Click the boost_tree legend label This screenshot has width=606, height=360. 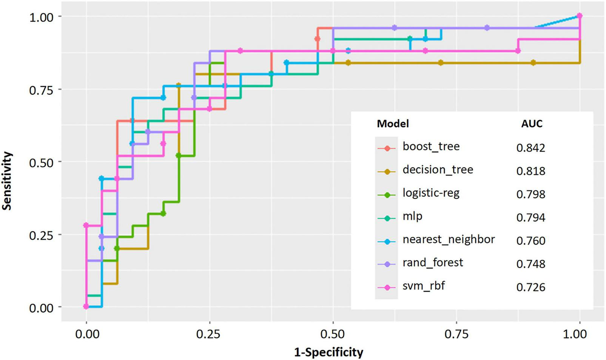pyautogui.click(x=431, y=147)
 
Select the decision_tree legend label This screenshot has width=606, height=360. pyautogui.click(x=438, y=170)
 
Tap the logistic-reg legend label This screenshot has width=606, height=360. pyautogui.click(x=431, y=193)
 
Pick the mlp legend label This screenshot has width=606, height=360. pyautogui.click(x=412, y=216)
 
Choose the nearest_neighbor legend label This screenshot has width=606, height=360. pyautogui.click(x=449, y=239)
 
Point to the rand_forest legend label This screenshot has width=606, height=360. pyautogui.click(x=433, y=263)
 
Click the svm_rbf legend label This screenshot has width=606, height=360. pyautogui.click(x=424, y=286)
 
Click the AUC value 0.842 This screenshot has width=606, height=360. pyautogui.click(x=530, y=148)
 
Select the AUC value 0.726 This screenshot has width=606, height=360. pyautogui.click(x=530, y=287)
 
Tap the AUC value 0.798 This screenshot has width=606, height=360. pyautogui.click(x=530, y=194)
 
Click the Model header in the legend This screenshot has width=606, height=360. pyautogui.click(x=393, y=124)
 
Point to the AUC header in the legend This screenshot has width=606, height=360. pyautogui.click(x=532, y=124)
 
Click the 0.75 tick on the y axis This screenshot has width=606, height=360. pyautogui.click(x=42, y=90)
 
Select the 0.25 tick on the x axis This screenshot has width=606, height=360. pyautogui.click(x=210, y=334)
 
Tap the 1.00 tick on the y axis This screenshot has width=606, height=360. pyautogui.click(x=42, y=17)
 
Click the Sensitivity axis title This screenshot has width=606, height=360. pyautogui.click(x=7, y=181)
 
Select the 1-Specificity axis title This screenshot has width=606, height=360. pyautogui.click(x=328, y=352)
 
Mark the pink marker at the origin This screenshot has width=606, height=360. pyautogui.click(x=86, y=307)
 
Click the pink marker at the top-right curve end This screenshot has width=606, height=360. pyautogui.click(x=580, y=16)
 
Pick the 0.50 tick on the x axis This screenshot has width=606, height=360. pyautogui.click(x=333, y=334)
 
